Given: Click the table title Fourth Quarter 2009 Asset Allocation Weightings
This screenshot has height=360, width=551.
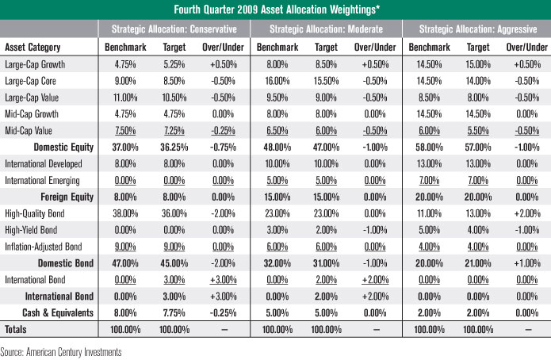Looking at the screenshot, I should [275, 10].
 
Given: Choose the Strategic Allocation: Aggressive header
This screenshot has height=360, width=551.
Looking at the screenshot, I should [477, 29].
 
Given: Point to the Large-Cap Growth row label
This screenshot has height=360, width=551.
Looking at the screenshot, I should [35, 64].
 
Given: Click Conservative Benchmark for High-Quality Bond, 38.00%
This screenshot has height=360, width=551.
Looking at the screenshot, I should [122, 214].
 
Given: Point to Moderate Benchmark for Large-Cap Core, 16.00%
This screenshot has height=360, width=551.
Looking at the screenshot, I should [273, 81].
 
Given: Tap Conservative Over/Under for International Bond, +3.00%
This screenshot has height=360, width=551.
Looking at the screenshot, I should [222, 280].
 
